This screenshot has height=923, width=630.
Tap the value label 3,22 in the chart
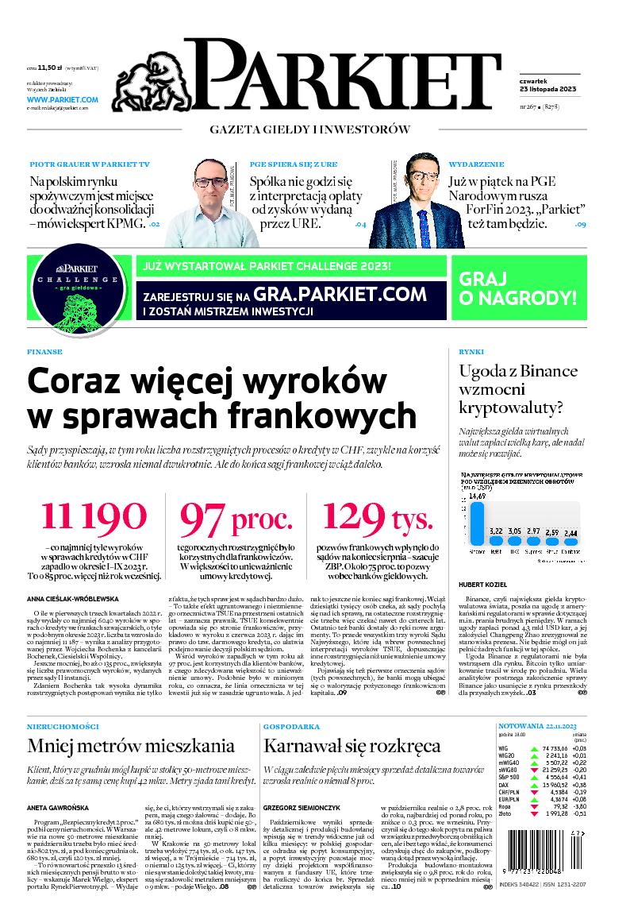click(497, 530)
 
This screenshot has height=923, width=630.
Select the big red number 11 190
click(94, 517)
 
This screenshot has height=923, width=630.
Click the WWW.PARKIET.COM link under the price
click(62, 99)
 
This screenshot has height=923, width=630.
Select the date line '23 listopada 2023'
click(535, 87)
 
